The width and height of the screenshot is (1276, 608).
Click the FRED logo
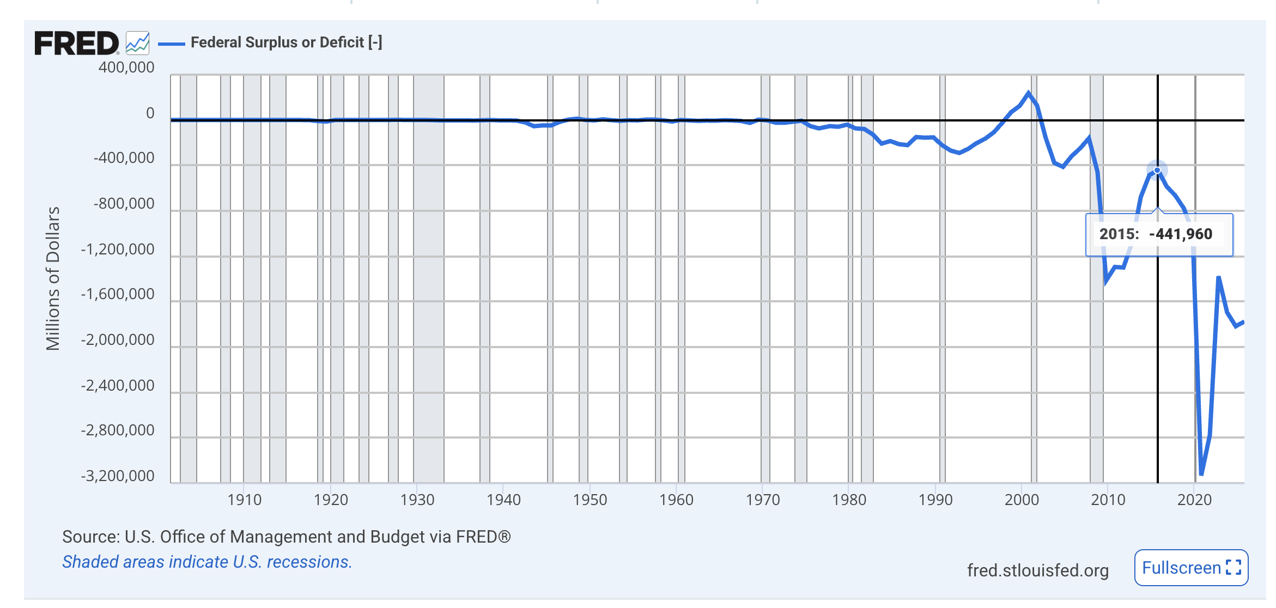pyautogui.click(x=76, y=43)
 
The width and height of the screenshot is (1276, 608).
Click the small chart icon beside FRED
pyautogui.click(x=137, y=43)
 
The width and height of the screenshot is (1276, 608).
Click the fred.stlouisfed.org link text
pyautogui.click(x=1037, y=570)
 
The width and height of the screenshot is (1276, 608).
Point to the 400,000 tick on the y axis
pyautogui.click(x=126, y=68)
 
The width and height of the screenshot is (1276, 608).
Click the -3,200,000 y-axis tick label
pyautogui.click(x=118, y=476)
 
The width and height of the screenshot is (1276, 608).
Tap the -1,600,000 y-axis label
pyautogui.click(x=118, y=294)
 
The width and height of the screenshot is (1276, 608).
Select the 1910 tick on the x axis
pyautogui.click(x=244, y=500)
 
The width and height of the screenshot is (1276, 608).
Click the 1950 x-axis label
pyautogui.click(x=590, y=500)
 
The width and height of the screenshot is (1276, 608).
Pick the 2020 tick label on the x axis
pyautogui.click(x=1194, y=500)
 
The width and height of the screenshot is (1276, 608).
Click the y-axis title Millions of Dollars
pyautogui.click(x=53, y=278)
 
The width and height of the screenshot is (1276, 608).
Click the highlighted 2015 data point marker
pyautogui.click(x=1157, y=171)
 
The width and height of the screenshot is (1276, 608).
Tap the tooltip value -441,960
pyautogui.click(x=1181, y=234)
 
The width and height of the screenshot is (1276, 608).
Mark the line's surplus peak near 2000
pyautogui.click(x=1029, y=93)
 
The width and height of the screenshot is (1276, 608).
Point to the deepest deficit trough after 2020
pyautogui.click(x=1201, y=474)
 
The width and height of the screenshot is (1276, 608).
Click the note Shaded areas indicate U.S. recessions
pyautogui.click(x=207, y=562)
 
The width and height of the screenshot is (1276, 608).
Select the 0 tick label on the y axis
pyautogui.click(x=150, y=113)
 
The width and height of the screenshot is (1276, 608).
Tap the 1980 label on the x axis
pyautogui.click(x=849, y=500)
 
